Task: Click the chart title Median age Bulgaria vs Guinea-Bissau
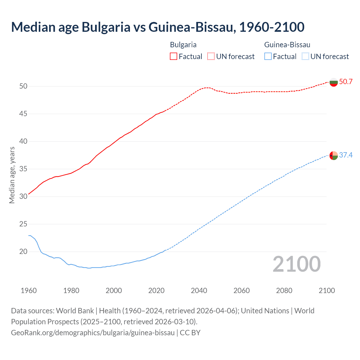(x=157, y=27)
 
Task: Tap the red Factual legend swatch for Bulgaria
(x=174, y=57)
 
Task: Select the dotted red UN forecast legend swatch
(x=211, y=57)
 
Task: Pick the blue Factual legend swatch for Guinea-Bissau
(x=268, y=57)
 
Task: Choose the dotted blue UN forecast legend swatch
(x=305, y=57)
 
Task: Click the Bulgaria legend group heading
(x=183, y=45)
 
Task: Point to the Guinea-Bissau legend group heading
(x=287, y=45)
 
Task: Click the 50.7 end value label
(x=346, y=82)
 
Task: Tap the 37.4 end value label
(x=346, y=155)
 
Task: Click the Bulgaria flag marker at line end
(x=334, y=82)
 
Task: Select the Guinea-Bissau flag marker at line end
(x=334, y=156)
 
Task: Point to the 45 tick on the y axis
(x=23, y=114)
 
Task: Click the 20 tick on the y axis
(x=23, y=252)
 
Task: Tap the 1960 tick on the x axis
(x=29, y=291)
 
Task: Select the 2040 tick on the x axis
(x=199, y=291)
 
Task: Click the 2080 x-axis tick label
(x=284, y=291)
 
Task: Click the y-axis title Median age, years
(x=12, y=175)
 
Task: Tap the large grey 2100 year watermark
(x=296, y=264)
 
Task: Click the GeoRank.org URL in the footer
(x=93, y=333)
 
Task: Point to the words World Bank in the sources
(x=75, y=311)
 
